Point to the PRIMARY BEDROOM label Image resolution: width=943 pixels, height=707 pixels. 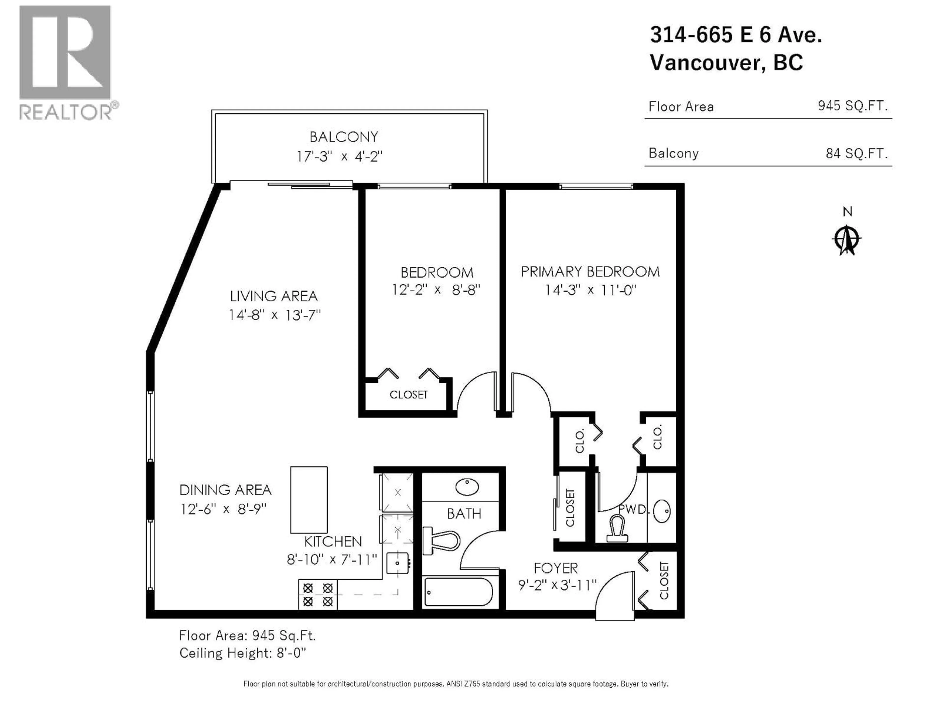tap(590, 272)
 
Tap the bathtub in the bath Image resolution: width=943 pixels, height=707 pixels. tap(459, 592)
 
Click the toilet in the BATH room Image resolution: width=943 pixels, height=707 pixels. tap(441, 541)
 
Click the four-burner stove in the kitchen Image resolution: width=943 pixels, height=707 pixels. tap(318, 595)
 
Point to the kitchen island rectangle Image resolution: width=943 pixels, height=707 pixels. tap(309, 500)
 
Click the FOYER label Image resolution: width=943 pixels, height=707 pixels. tap(555, 568)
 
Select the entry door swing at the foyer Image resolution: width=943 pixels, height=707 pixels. tap(614, 597)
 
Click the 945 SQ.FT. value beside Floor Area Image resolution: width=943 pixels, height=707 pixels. tap(852, 106)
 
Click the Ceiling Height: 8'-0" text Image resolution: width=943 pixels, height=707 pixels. tap(243, 653)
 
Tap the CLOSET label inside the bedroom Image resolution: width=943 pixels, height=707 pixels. tap(408, 395)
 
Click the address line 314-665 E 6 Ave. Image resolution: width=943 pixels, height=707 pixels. tap(735, 35)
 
